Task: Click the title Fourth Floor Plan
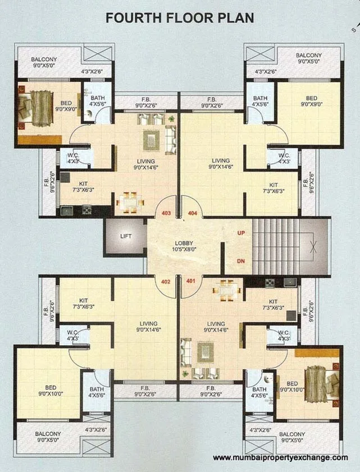(180, 17)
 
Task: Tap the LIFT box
(125, 236)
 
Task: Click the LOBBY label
(185, 242)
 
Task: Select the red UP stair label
(241, 232)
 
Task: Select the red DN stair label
(241, 261)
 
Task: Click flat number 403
(166, 213)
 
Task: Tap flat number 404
(193, 213)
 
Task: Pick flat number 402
(166, 281)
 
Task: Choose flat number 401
(190, 281)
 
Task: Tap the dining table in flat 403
(130, 201)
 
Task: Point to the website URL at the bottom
(280, 457)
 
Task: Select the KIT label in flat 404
(273, 185)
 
